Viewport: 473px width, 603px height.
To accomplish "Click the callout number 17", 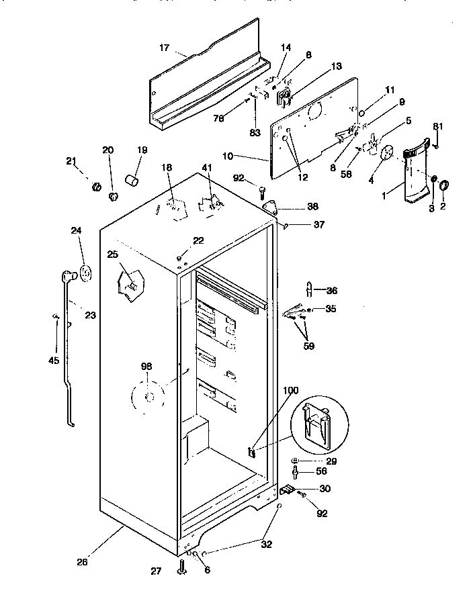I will click(164, 48).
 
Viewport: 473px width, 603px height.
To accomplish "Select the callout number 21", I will click(72, 160).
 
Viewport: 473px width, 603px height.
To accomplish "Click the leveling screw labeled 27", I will click(181, 569).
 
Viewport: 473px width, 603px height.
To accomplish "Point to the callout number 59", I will click(308, 346).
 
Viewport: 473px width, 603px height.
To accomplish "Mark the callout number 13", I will click(336, 66).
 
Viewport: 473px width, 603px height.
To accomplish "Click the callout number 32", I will click(267, 544).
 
